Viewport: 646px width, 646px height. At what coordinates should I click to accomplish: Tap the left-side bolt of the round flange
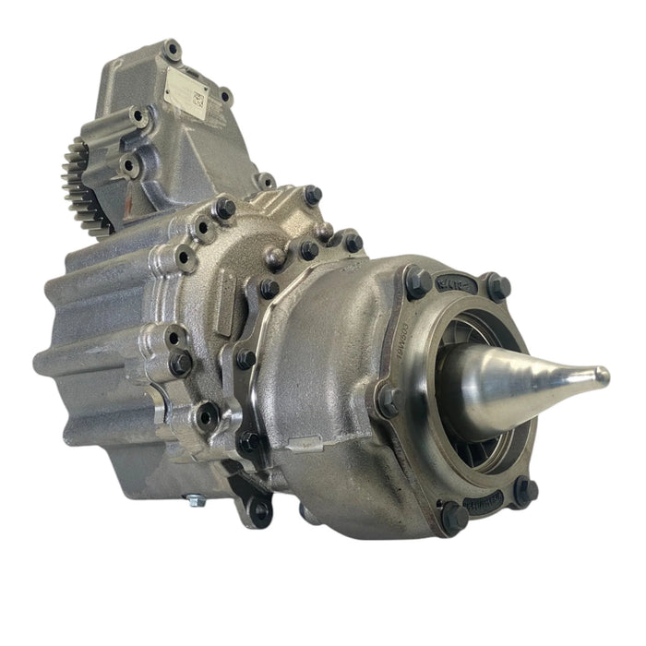[388, 400]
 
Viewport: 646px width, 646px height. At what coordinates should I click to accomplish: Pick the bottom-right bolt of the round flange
[525, 492]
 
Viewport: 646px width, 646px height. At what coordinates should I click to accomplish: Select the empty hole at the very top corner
[172, 48]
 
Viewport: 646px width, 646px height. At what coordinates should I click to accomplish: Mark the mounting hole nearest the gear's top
[138, 117]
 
